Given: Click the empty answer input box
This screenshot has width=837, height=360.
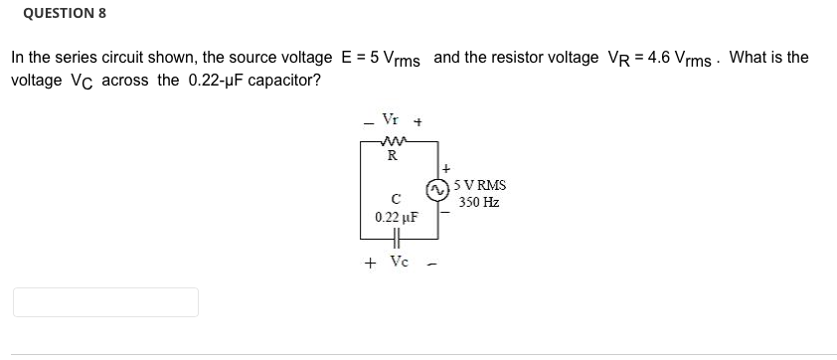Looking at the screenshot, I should pyautogui.click(x=105, y=302).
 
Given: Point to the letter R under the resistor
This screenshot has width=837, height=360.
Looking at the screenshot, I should pyautogui.click(x=393, y=155).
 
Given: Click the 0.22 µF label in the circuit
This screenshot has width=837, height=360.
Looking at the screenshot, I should pyautogui.click(x=396, y=216).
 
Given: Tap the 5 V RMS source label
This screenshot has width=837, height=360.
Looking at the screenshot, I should pyautogui.click(x=479, y=185).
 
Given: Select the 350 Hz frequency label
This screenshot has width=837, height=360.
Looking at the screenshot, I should pyautogui.click(x=479, y=202).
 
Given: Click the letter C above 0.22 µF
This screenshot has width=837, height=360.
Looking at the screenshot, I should pyautogui.click(x=395, y=197).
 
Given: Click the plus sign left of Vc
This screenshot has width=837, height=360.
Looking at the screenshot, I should pyautogui.click(x=370, y=264).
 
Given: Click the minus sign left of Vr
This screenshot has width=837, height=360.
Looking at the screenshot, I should pyautogui.click(x=367, y=123).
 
